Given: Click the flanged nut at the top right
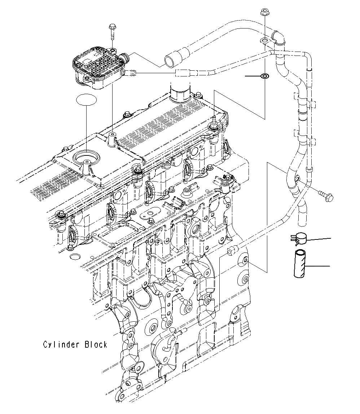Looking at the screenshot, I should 264,15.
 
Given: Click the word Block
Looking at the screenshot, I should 96,344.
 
